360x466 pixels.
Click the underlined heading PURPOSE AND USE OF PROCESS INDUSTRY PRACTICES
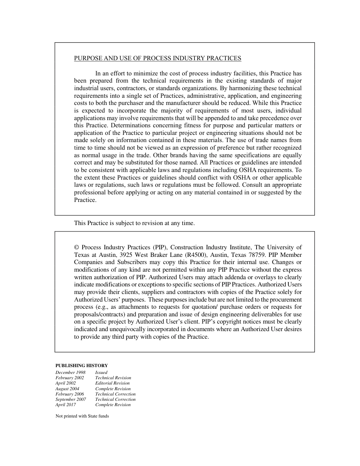[157, 58]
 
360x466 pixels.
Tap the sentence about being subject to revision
[134, 223]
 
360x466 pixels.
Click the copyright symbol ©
[77, 247]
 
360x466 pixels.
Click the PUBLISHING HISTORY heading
[81, 366]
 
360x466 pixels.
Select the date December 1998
[70, 372]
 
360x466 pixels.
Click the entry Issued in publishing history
[101, 372]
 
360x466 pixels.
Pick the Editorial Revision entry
[112, 383]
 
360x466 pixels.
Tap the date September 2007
[70, 399]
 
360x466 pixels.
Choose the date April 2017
[66, 405]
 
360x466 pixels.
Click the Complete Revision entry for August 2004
[113, 389]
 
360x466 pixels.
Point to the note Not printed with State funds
[82, 416]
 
